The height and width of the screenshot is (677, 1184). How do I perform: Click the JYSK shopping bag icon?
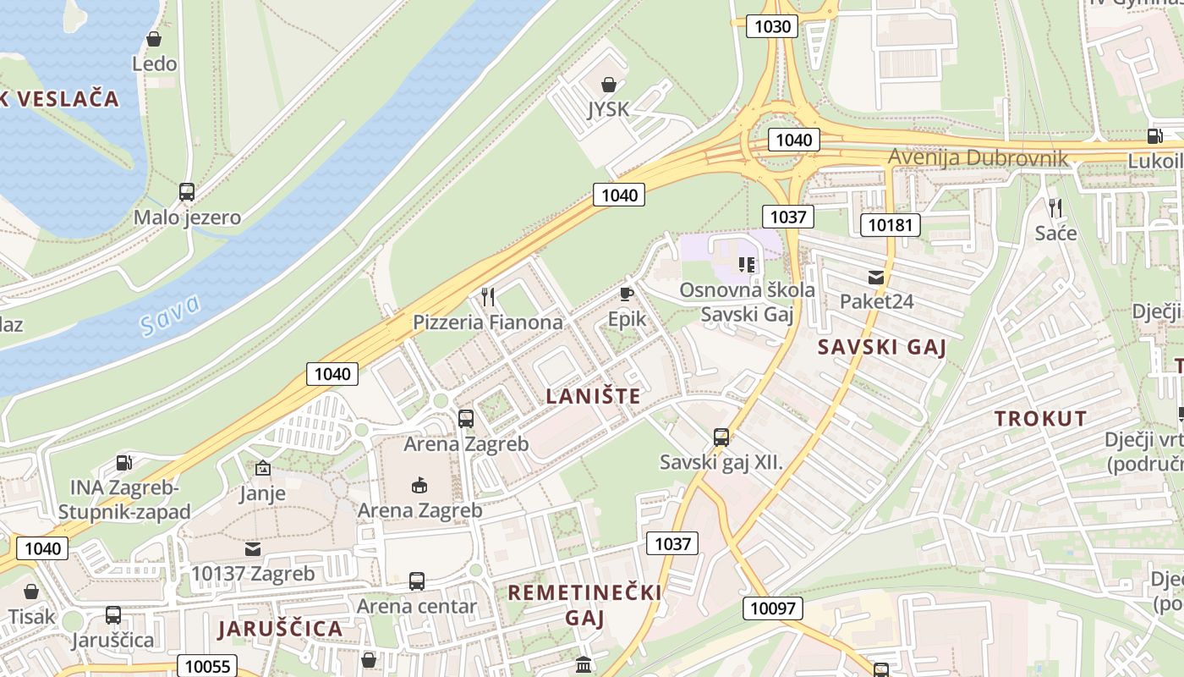608,85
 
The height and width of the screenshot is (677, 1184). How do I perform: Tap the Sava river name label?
172,315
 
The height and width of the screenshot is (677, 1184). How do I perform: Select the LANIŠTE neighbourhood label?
593,396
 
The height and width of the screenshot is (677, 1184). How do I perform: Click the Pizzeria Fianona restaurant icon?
487,296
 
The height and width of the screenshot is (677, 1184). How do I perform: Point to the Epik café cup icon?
626,294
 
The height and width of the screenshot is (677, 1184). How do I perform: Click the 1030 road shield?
772,26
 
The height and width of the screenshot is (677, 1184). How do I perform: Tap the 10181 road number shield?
890,225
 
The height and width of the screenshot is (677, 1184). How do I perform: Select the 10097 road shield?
773,608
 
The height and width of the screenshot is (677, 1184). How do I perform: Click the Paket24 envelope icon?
875,277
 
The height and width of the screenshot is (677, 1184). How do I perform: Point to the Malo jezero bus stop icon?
187,192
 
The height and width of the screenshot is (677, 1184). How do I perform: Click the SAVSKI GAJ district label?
881,347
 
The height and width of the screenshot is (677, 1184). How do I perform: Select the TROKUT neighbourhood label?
1040,418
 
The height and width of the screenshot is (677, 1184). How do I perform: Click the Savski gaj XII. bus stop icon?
721,438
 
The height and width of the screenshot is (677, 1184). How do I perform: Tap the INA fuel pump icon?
124,463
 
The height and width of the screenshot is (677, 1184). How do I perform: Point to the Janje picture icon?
263,468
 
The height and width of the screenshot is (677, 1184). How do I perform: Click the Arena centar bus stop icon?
416,581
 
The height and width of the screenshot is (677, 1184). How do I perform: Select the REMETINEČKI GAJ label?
584,604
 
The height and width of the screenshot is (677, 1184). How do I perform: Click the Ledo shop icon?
154,39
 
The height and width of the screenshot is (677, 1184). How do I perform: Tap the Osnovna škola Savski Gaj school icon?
746,265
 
